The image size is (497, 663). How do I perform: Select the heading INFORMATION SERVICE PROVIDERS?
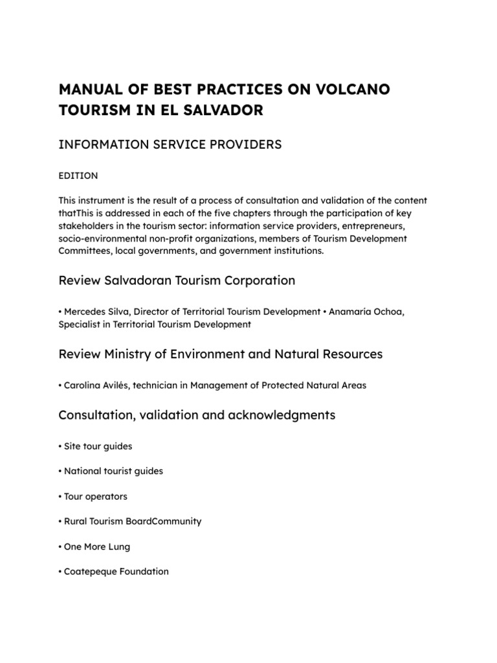(170, 144)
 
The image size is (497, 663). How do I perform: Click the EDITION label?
(78, 175)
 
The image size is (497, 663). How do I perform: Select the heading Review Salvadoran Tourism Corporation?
(177, 280)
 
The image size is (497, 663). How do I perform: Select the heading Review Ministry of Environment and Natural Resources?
(220, 354)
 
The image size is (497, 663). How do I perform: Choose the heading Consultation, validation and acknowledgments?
(197, 415)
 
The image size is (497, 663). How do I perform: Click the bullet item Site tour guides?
(98, 446)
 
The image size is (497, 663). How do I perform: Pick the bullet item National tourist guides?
(113, 471)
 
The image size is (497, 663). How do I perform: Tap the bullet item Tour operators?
(96, 497)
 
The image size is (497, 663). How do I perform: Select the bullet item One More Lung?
(97, 546)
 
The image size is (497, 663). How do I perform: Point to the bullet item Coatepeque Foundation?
(116, 572)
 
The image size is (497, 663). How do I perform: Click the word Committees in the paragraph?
(84, 250)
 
